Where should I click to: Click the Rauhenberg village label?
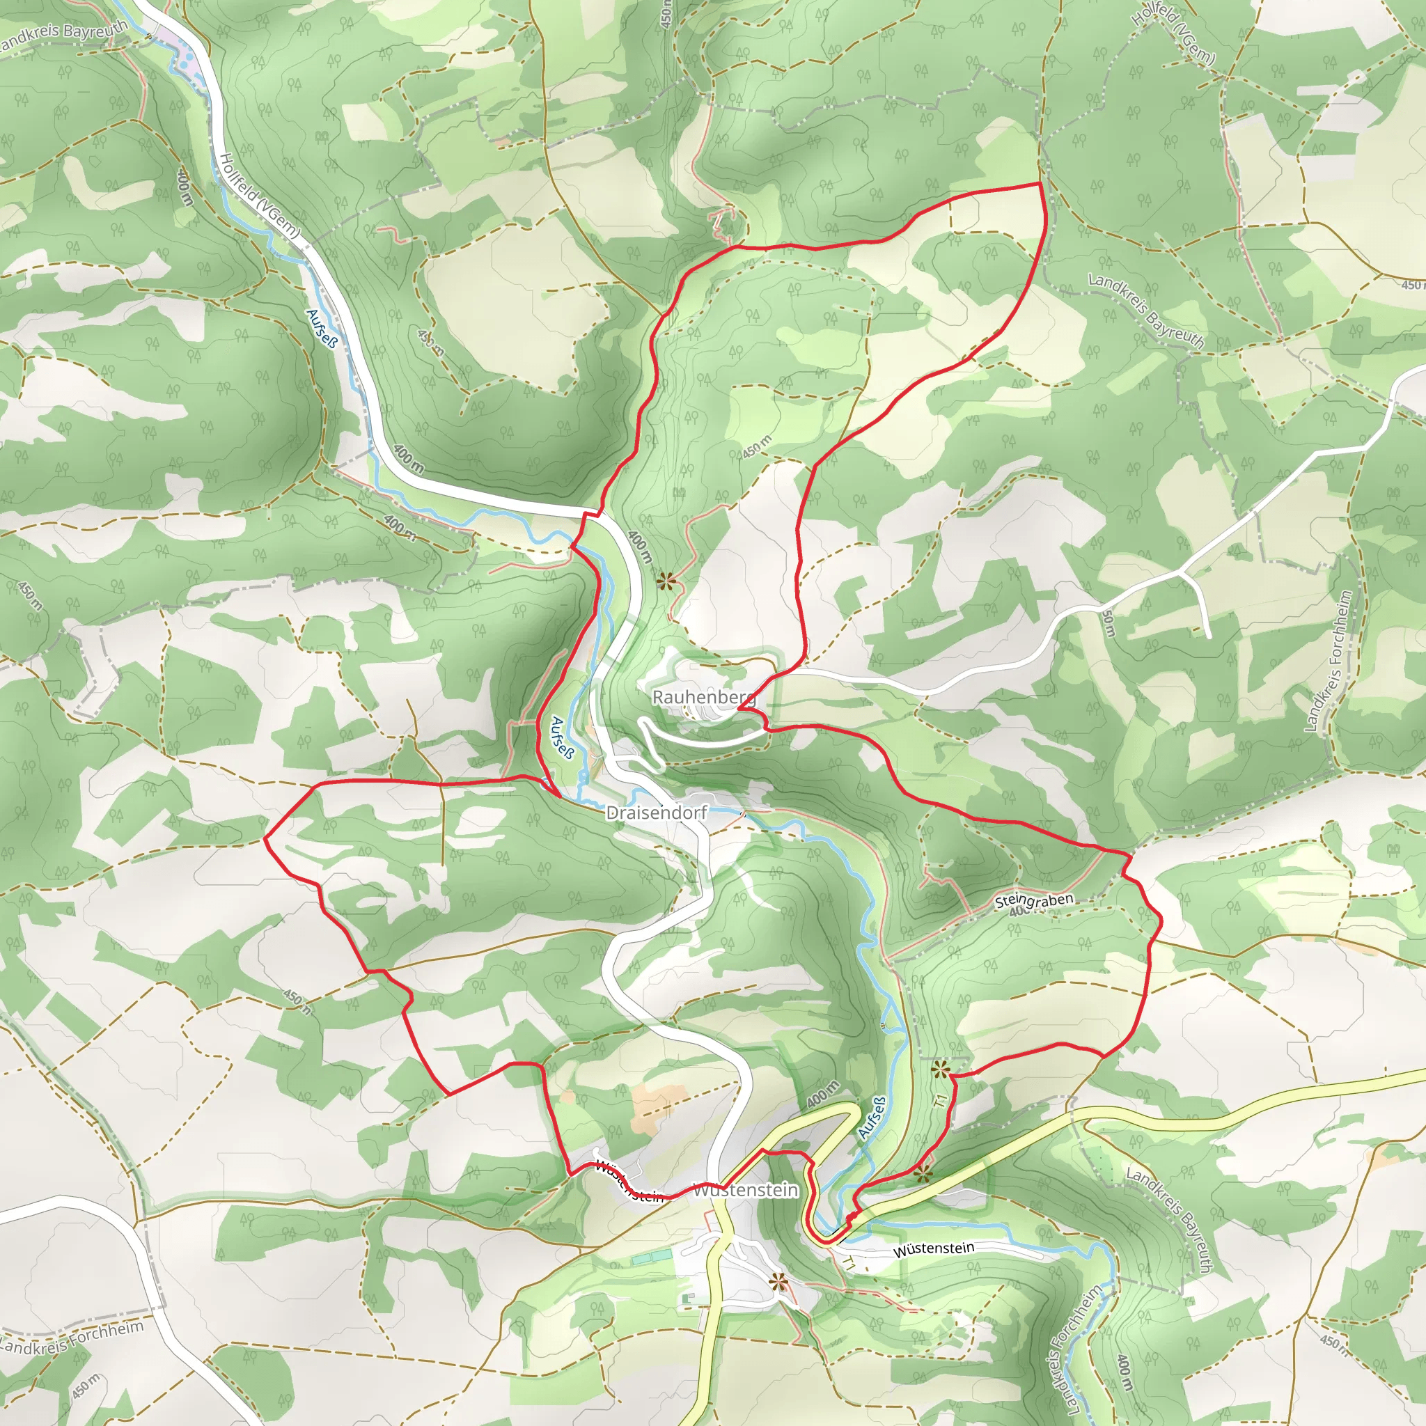[x=703, y=697]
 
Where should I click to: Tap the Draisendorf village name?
[x=655, y=813]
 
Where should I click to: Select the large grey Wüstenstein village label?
[x=746, y=1190]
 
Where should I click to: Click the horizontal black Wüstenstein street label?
[x=934, y=1249]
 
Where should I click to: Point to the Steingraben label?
[x=1033, y=900]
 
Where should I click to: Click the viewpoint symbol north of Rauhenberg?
[x=666, y=581]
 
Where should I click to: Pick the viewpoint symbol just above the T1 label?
[x=939, y=1069]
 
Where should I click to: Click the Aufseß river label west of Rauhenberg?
[x=563, y=738]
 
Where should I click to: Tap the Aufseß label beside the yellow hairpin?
[x=872, y=1118]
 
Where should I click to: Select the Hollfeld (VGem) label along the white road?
[x=260, y=195]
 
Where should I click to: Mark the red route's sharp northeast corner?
[x=1040, y=182]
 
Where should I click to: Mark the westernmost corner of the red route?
[x=265, y=838]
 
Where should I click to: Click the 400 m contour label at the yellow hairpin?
[x=823, y=1094]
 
